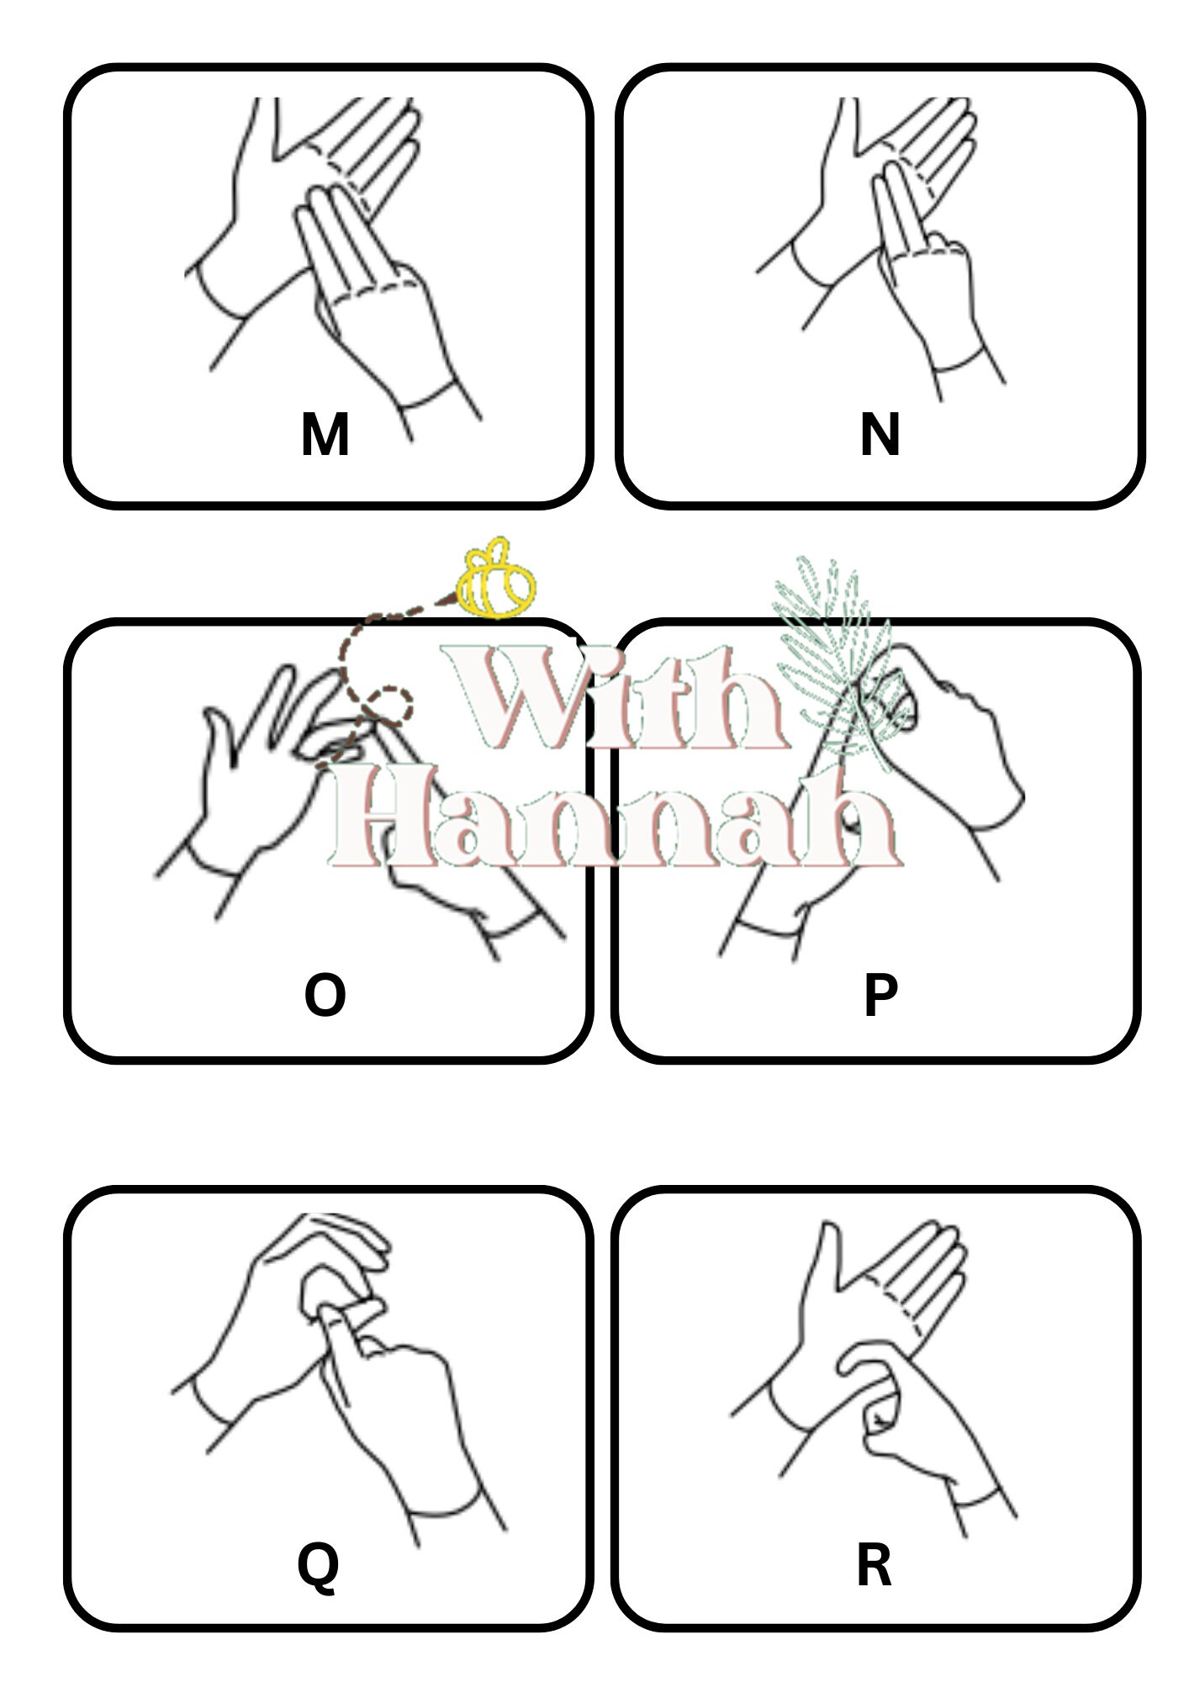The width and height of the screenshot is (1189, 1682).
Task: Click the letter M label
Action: click(x=325, y=435)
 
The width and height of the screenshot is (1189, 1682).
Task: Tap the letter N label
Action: click(x=880, y=435)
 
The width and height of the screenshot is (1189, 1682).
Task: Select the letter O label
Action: click(x=325, y=995)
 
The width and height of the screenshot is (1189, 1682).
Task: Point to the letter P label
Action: click(x=880, y=996)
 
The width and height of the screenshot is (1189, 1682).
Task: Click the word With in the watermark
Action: click(x=614, y=698)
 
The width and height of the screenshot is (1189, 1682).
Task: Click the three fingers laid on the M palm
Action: click(x=336, y=240)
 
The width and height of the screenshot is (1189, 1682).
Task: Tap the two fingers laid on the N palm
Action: click(x=898, y=206)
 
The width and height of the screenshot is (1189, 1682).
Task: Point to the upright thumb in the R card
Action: click(x=824, y=1261)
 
